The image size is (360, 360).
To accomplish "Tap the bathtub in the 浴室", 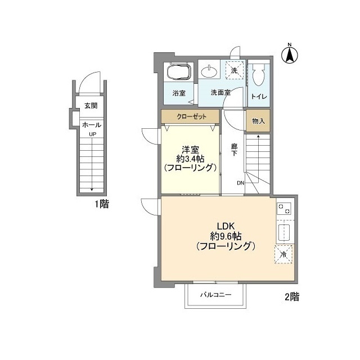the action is [179, 71].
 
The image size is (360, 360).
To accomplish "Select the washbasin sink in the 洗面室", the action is [209, 72].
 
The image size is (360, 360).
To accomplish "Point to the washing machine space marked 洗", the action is [234, 70].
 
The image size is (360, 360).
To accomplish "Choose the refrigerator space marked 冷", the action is [283, 254].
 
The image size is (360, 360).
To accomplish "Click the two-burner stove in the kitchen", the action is [285, 209].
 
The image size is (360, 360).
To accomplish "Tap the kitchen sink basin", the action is [284, 232].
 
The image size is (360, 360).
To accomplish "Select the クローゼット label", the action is [191, 116].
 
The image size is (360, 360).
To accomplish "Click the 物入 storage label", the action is [258, 121].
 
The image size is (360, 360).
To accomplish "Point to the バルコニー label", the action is [215, 295].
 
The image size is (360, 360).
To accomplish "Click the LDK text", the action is [226, 226].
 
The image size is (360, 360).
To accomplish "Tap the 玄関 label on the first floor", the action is [91, 106].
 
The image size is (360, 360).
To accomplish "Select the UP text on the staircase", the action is [92, 134].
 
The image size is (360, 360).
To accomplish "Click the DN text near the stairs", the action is [240, 183].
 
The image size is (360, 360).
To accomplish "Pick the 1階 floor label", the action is [102, 204].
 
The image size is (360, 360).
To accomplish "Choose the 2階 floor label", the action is [292, 296].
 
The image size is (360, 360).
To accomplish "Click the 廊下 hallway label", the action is [234, 150].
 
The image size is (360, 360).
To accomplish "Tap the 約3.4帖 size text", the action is [190, 159].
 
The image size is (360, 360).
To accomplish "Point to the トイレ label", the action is [259, 96].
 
